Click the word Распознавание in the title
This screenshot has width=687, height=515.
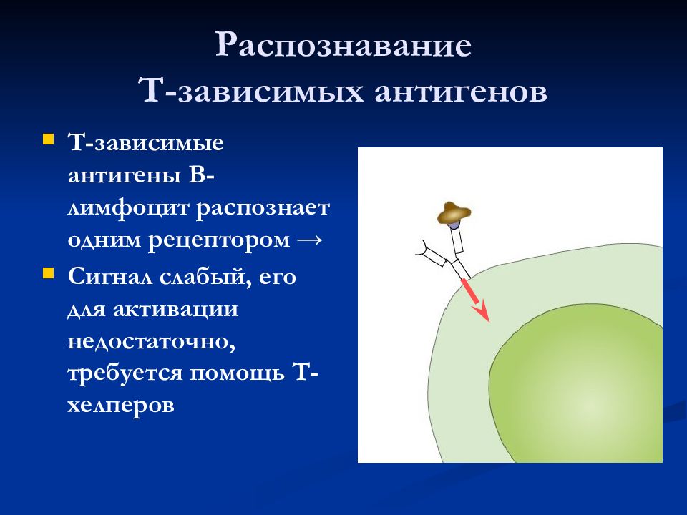(343, 45)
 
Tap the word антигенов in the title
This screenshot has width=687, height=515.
(461, 92)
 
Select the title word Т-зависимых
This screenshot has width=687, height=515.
(251, 90)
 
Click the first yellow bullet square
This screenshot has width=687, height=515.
(48, 139)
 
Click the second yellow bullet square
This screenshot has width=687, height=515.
(48, 273)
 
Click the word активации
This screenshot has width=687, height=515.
(176, 309)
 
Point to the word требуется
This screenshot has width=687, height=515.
(125, 374)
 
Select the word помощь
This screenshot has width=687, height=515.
(237, 373)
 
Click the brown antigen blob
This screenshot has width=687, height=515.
(454, 213)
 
